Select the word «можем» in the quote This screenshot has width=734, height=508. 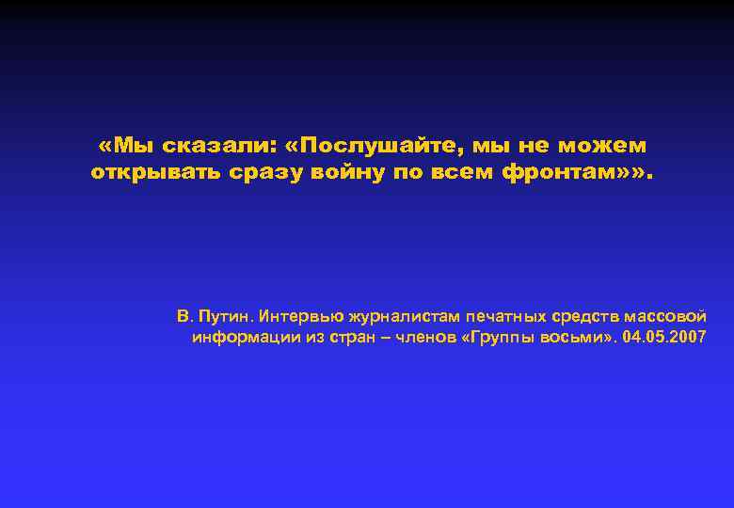pyautogui.click(x=601, y=146)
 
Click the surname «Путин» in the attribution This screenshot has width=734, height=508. pyautogui.click(x=226, y=315)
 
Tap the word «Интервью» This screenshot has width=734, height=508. pyautogui.click(x=299, y=315)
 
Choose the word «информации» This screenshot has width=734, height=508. pyautogui.click(x=238, y=337)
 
